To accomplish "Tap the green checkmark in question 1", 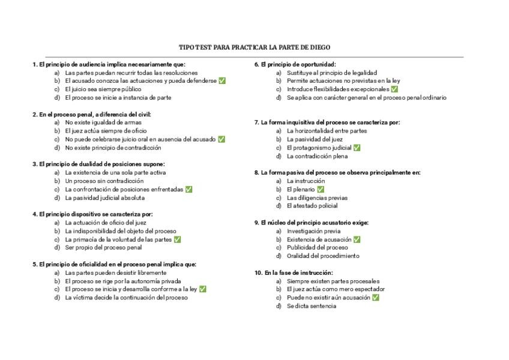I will point(222,80).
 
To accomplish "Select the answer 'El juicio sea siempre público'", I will point(103,89).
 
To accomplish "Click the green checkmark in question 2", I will point(221,139).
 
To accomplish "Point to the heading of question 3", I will point(98,164).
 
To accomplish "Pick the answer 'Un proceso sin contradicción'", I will point(104,181).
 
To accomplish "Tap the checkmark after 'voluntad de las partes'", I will point(177,239).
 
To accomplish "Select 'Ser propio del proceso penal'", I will point(103,247).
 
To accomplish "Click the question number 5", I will point(35,264).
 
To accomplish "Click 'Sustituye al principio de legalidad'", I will point(332,73).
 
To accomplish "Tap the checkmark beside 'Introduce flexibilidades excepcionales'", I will point(394,89).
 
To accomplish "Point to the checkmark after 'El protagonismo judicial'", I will point(357,148).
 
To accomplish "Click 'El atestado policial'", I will point(312,206).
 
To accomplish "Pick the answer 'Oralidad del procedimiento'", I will point(323,256).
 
